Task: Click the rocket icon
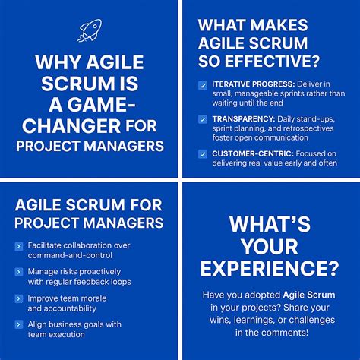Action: pyautogui.click(x=89, y=30)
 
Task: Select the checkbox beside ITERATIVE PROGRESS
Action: pyautogui.click(x=202, y=84)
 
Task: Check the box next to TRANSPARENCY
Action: pyautogui.click(x=202, y=119)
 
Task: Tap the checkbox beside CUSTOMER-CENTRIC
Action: pyautogui.click(x=202, y=153)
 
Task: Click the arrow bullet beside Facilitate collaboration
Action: pyautogui.click(x=19, y=245)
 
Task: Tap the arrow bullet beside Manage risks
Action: pyautogui.click(x=19, y=271)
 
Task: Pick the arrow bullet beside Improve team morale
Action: pyautogui.click(x=19, y=297)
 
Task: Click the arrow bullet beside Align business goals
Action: pyautogui.click(x=19, y=324)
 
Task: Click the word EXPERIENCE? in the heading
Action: pyautogui.click(x=270, y=268)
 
